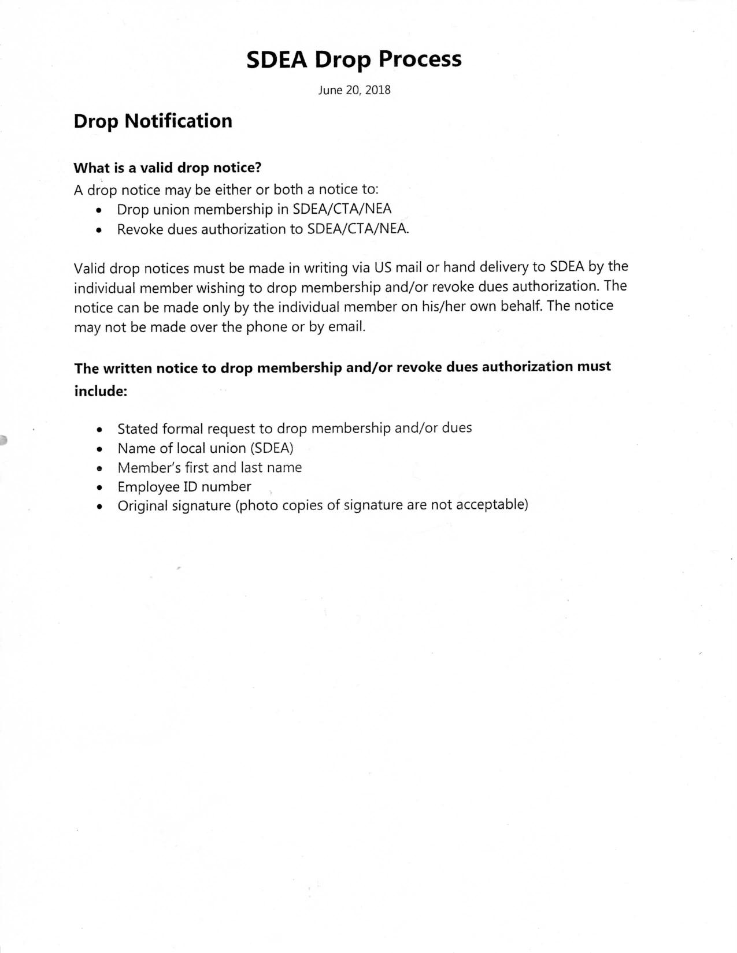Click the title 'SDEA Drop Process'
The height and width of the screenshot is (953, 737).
[354, 59]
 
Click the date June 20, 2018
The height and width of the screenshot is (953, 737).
[354, 90]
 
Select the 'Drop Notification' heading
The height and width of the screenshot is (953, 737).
[153, 121]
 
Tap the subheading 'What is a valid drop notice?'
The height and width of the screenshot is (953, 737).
[168, 168]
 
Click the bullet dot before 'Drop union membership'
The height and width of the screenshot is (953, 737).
[101, 211]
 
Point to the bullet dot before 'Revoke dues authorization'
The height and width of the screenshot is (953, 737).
[101, 230]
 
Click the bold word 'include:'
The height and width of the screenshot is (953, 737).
[101, 392]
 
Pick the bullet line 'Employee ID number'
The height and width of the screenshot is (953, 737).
[184, 487]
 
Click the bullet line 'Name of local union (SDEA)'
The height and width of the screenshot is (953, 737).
[205, 448]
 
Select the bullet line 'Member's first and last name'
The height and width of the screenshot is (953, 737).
[209, 467]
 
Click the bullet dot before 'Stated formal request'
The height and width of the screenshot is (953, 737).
[101, 430]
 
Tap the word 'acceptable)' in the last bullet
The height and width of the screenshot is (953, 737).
[492, 505]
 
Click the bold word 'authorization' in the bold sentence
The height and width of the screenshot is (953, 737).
[527, 367]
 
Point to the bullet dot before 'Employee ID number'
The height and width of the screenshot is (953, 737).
[101, 488]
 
